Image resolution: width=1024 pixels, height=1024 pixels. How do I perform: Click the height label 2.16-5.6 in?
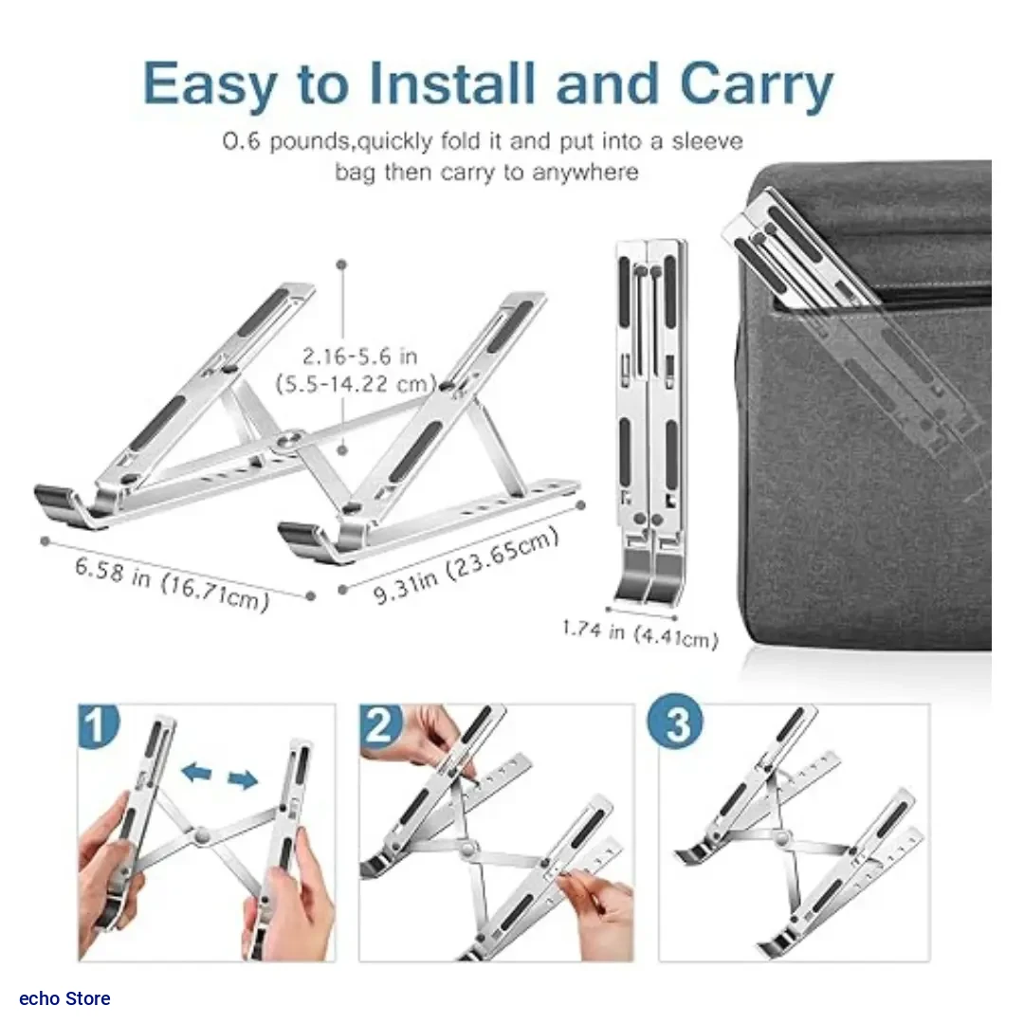[x=359, y=357]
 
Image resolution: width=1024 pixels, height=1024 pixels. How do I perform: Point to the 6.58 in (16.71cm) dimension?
[x=172, y=584]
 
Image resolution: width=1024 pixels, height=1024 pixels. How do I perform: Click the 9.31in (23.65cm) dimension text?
[x=466, y=565]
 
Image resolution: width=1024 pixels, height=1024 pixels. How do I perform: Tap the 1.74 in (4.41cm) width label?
[x=640, y=634]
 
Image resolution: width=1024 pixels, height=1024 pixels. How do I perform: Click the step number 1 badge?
[x=98, y=725]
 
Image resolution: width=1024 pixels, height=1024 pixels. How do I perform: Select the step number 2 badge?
[x=380, y=725]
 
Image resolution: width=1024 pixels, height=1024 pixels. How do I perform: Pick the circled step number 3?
[x=675, y=722]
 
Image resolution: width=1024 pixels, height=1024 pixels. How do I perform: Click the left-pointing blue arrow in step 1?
[x=196, y=772]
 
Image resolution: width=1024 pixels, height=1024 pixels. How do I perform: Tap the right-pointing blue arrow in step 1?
[x=243, y=778]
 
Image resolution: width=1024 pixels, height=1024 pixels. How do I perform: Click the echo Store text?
[x=64, y=998]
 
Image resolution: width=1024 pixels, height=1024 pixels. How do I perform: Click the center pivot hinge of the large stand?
[x=287, y=442]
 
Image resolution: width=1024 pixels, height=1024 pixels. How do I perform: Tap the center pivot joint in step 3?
[x=781, y=837]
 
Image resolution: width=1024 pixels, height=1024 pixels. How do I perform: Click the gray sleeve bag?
[x=869, y=405]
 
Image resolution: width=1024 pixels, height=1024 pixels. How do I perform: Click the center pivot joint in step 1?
[x=202, y=834]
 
